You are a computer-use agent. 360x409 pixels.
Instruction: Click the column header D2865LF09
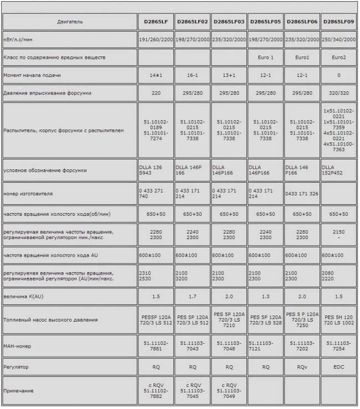tap(339, 22)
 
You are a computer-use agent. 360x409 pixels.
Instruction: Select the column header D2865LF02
tap(192, 22)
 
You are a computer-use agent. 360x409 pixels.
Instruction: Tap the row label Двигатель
tap(70, 22)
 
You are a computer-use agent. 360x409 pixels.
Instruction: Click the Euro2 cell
tap(339, 57)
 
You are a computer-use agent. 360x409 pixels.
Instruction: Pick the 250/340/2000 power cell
tap(339, 40)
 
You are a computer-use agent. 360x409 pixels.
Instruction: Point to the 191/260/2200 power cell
tap(156, 40)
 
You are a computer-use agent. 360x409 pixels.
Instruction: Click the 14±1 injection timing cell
tap(156, 75)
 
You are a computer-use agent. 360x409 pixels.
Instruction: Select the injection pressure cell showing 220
tap(156, 92)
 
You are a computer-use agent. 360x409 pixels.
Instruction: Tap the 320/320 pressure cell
tap(339, 92)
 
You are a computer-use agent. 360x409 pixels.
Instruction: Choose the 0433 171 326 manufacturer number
tap(302, 193)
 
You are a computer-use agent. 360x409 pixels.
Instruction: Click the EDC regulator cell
tap(339, 366)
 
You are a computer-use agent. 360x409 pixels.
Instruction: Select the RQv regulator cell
tap(302, 366)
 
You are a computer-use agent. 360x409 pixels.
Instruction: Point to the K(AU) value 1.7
tap(192, 296)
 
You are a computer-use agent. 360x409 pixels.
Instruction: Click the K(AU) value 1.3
tap(266, 296)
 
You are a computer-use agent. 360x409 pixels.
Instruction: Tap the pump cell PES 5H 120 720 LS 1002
tap(339, 320)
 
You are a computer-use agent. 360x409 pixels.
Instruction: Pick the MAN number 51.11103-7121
tap(266, 345)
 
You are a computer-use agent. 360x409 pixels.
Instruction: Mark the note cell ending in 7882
tap(156, 391)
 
